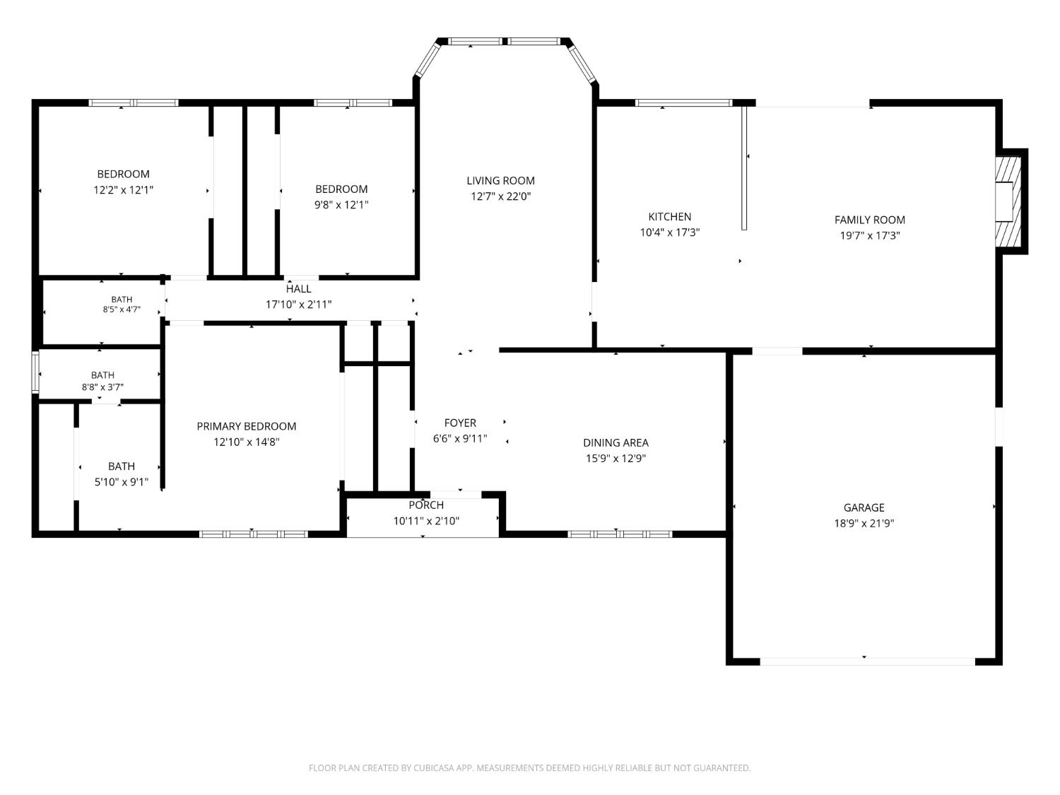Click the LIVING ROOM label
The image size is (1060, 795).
(500, 180)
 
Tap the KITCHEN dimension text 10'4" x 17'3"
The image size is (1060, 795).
(669, 232)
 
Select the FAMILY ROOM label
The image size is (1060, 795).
(869, 220)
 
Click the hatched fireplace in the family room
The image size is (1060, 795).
(1008, 201)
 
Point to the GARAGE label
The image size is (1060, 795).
(864, 507)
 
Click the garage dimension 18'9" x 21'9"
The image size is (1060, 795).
(864, 523)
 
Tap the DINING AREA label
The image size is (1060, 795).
(616, 442)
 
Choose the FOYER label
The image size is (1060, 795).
(460, 423)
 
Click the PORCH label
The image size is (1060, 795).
(426, 505)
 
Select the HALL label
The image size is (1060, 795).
(298, 288)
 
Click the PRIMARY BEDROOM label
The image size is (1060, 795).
(247, 426)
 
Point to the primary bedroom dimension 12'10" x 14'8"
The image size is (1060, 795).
(247, 442)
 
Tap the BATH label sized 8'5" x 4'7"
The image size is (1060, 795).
(122, 299)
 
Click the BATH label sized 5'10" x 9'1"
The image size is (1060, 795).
(122, 466)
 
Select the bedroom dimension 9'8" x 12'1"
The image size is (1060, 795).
(341, 205)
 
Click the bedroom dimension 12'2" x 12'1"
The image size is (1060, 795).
(123, 189)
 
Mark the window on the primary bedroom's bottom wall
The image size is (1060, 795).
(254, 534)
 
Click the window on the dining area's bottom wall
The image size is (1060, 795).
(620, 534)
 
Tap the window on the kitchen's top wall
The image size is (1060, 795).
(683, 102)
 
